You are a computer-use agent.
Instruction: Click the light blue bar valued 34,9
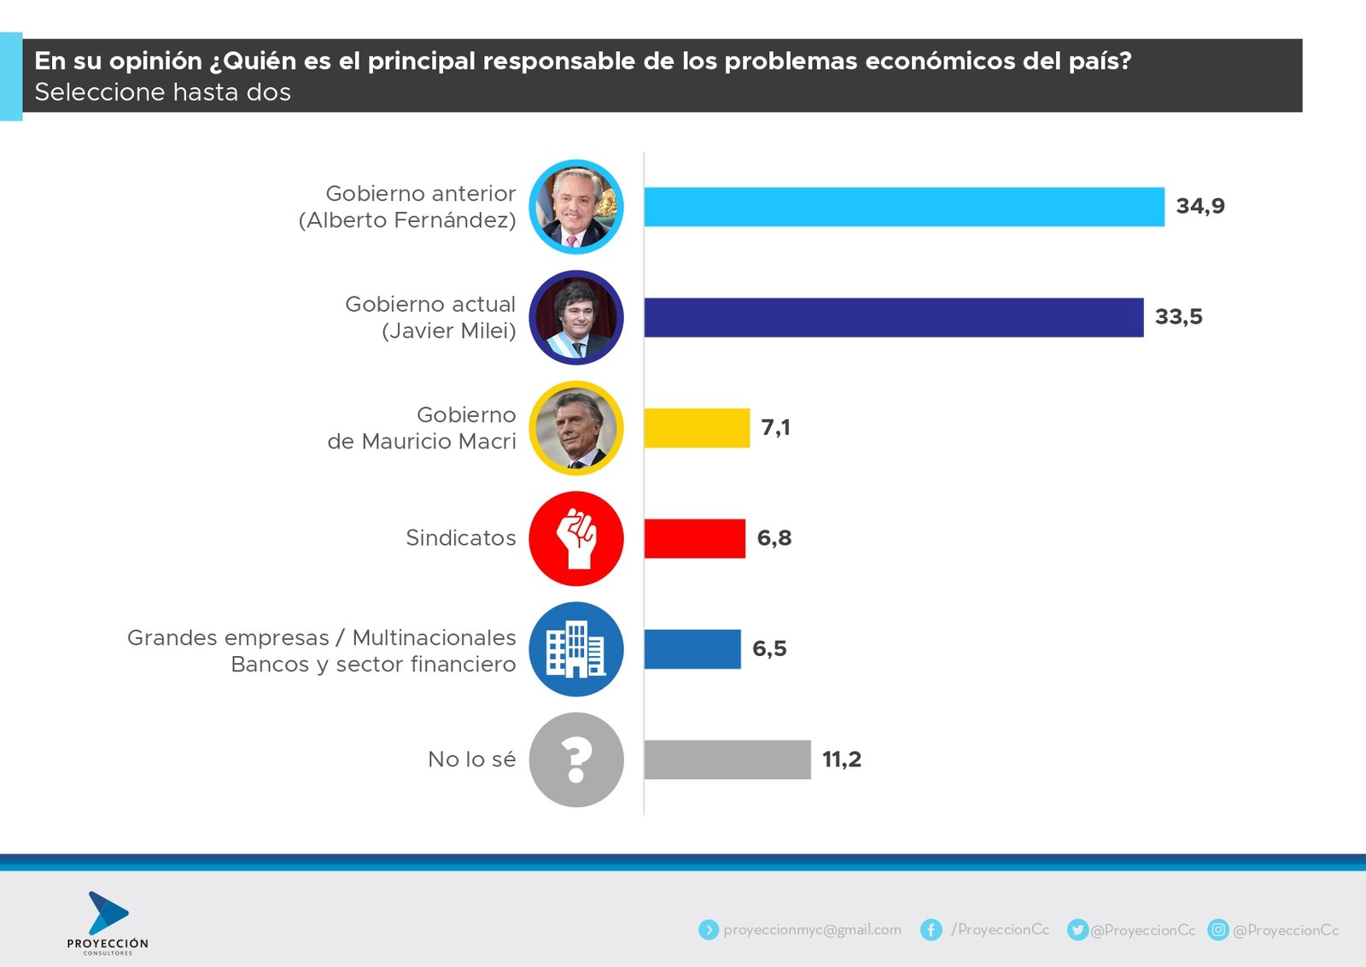click(x=903, y=207)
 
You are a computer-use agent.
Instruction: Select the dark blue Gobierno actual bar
click(x=893, y=318)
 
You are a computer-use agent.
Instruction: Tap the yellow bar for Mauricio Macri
click(x=697, y=428)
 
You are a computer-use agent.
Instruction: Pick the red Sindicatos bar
click(x=694, y=538)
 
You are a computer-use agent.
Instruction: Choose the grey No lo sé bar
click(x=727, y=759)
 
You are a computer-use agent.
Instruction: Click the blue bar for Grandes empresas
click(x=692, y=649)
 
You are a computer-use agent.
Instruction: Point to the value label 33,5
click(x=1178, y=317)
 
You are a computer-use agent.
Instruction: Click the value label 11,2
click(x=841, y=759)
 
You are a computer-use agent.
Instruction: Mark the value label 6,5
click(x=769, y=649)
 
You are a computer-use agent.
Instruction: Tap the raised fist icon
click(x=576, y=538)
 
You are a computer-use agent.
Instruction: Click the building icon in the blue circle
click(x=576, y=649)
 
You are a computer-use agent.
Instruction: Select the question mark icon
click(x=576, y=759)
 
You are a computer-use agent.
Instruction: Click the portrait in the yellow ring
click(x=576, y=428)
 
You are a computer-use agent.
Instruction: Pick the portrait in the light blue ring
click(x=576, y=207)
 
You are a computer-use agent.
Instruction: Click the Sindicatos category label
click(x=461, y=538)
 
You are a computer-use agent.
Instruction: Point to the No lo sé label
click(x=471, y=759)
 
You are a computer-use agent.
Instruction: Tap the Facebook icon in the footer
click(x=931, y=929)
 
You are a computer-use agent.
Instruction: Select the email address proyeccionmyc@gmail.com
click(x=812, y=929)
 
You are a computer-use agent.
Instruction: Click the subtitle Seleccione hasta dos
click(x=162, y=92)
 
